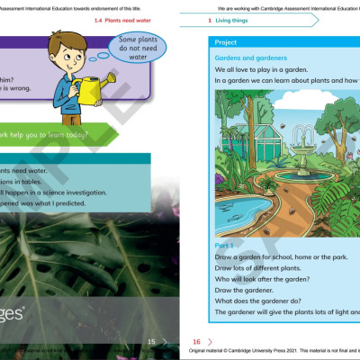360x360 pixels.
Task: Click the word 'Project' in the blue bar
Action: point(227,41)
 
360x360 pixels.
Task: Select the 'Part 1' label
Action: point(225,245)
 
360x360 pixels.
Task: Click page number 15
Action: point(151,342)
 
